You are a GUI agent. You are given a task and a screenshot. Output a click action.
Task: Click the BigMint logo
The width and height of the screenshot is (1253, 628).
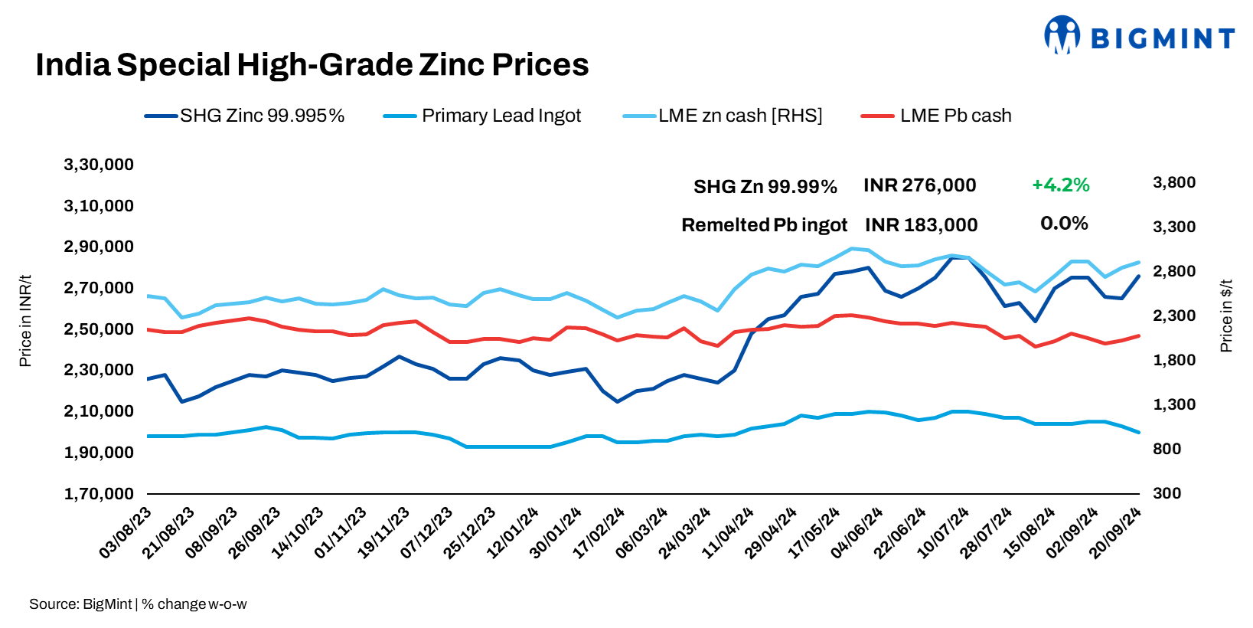click(1139, 37)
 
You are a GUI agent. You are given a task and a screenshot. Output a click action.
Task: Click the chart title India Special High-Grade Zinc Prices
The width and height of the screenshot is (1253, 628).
click(312, 65)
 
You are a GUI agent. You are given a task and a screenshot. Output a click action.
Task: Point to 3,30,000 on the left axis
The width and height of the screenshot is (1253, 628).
click(99, 165)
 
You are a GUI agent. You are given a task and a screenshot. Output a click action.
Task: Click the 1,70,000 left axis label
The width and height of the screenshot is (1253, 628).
click(99, 494)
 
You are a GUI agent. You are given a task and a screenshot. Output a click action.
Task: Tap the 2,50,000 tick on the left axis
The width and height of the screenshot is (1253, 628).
click(99, 329)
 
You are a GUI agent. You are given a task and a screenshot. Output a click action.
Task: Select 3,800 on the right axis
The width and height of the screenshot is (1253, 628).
click(1173, 182)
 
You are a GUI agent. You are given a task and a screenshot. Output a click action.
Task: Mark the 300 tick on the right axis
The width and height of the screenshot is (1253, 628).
click(1167, 493)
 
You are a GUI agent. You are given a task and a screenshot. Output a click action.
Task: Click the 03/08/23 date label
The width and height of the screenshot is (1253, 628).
click(126, 532)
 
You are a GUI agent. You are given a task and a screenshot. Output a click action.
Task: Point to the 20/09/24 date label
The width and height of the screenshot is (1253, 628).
click(1115, 532)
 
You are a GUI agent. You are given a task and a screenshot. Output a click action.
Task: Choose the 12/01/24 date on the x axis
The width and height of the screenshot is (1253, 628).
click(513, 532)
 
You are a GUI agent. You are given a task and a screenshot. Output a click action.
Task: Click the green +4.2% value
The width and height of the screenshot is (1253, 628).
click(1060, 185)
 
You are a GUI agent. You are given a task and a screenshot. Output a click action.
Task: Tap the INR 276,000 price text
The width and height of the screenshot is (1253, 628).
click(919, 185)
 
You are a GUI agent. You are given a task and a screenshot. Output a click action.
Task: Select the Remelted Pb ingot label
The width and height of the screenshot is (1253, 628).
click(764, 225)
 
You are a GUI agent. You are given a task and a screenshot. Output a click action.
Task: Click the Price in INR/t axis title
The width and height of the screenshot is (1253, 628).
click(25, 321)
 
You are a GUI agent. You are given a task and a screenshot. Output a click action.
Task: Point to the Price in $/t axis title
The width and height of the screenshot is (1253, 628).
click(1226, 316)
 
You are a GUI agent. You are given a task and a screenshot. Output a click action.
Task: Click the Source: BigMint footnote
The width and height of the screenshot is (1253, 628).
click(138, 604)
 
